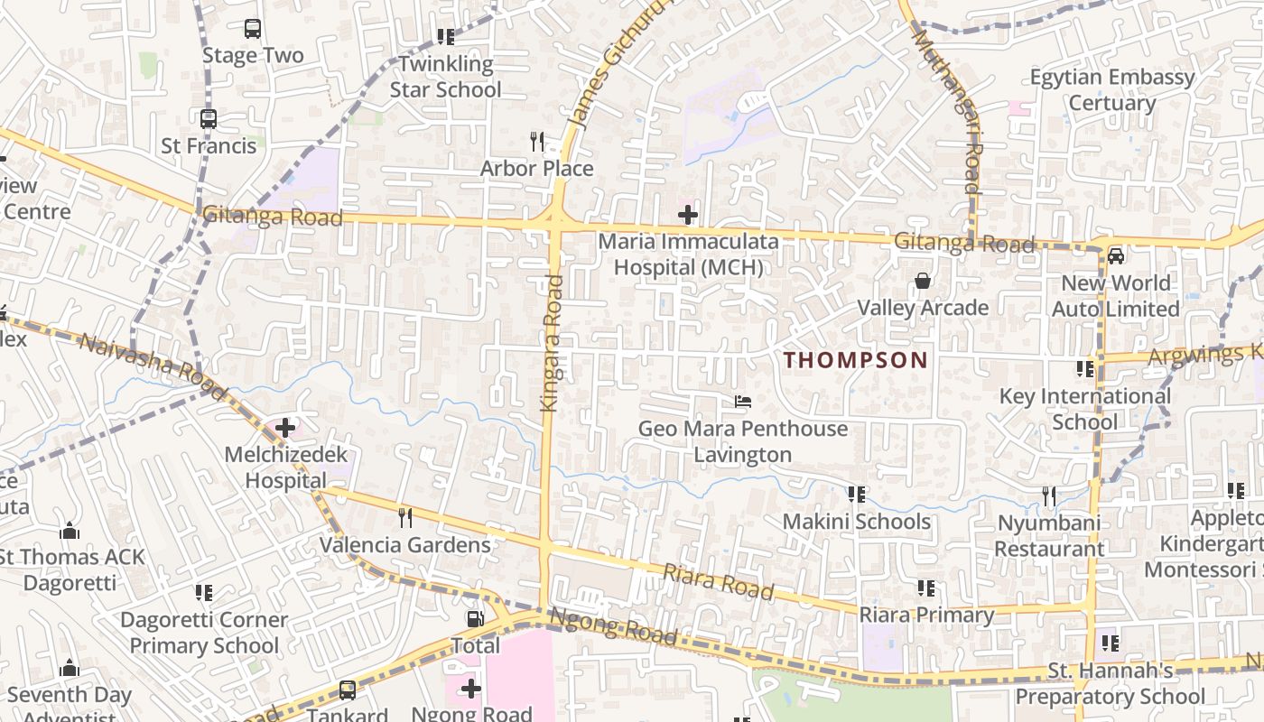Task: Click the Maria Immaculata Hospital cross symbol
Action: tap(688, 215)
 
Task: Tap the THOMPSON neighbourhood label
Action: tap(855, 360)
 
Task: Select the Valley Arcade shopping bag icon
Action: tap(923, 282)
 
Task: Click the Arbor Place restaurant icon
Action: tap(537, 142)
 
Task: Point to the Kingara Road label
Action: tap(552, 344)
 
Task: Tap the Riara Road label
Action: tap(719, 582)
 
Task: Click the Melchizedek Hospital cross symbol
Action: tap(286, 427)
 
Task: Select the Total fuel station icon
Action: tap(475, 619)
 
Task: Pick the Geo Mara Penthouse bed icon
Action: tap(743, 401)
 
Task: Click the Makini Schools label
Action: tap(856, 522)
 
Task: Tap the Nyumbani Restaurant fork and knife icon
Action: tap(1049, 495)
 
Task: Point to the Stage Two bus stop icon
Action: tap(253, 29)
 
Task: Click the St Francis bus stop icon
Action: tap(209, 119)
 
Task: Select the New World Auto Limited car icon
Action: tap(1116, 255)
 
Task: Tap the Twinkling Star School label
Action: tap(445, 77)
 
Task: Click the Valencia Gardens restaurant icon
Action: tap(405, 517)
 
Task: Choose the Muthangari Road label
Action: tap(960, 113)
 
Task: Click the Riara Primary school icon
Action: tap(926, 588)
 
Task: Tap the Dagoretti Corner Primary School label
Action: tap(204, 633)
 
